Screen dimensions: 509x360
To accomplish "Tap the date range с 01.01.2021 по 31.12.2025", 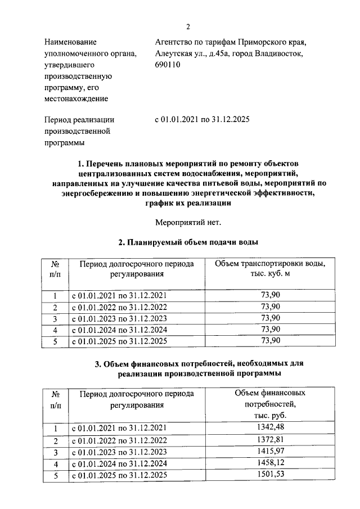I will (x=202, y=120).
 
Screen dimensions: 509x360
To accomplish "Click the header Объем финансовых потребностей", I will (x=270, y=392).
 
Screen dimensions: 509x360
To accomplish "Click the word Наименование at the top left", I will (x=70, y=42).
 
